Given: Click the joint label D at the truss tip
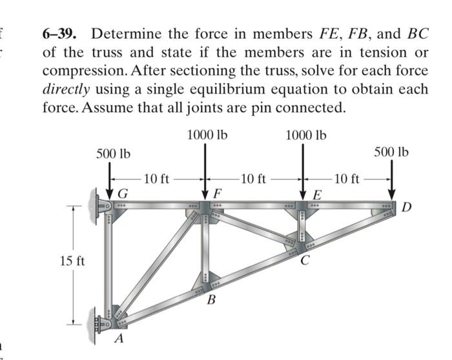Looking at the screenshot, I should [406, 207].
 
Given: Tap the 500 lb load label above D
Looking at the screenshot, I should [391, 152].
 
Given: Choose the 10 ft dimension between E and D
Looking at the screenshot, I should [348, 179].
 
